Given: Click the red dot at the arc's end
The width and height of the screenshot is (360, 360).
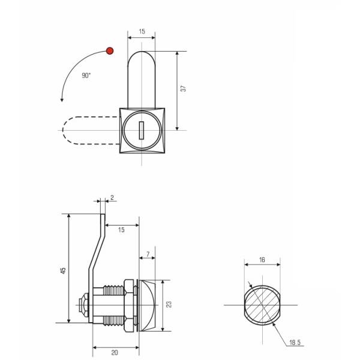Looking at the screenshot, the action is (110, 51).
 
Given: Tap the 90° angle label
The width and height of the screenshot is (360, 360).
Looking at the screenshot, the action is (86, 76).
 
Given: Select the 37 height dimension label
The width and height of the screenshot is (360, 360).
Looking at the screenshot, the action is (183, 89).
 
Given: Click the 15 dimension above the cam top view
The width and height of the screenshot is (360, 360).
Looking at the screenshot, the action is (142, 31).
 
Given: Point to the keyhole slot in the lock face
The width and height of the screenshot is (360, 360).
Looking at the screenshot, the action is (142, 130).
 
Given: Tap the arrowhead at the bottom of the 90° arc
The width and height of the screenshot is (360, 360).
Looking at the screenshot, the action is (62, 100).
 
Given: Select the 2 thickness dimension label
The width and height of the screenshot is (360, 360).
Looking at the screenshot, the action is (112, 197).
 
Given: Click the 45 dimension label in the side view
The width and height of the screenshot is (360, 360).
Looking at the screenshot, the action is (63, 271).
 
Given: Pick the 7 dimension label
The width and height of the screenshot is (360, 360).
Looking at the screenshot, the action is (148, 254).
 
